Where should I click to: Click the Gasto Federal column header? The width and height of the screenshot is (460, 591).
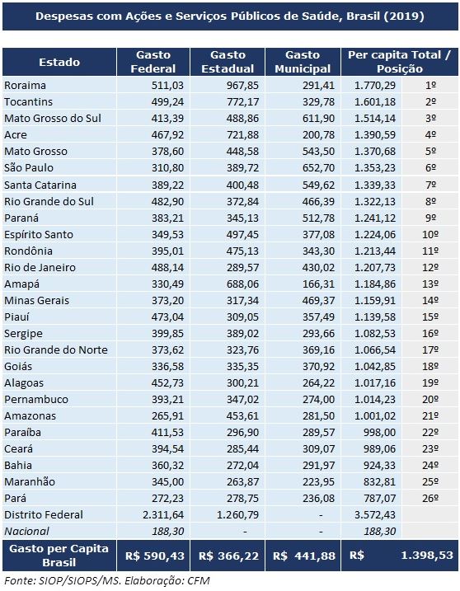coord(153,62)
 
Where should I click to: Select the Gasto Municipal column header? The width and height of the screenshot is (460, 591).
coord(303,62)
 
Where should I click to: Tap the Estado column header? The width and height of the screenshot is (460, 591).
coord(59,62)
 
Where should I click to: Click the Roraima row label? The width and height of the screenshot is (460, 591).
coord(25,86)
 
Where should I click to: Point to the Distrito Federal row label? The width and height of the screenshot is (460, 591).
coord(44,515)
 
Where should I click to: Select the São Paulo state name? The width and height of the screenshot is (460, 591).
coord(29,167)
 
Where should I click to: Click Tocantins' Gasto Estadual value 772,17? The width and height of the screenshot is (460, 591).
coord(242,102)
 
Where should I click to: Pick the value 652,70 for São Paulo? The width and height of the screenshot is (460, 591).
coord(318,168)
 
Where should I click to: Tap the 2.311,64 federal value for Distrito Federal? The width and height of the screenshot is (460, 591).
coord(162,515)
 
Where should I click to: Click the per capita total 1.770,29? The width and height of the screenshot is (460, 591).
coord(375,86)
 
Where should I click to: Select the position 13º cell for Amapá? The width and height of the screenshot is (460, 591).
coord(430,284)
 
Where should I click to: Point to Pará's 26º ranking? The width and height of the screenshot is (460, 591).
coord(430,499)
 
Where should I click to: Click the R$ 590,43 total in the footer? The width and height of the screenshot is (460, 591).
coord(155,556)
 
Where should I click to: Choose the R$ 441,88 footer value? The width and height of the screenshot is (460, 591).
coord(304,556)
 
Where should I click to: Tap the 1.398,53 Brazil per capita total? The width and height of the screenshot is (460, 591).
coord(427,556)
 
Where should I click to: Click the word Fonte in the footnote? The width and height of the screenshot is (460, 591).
coord(18,581)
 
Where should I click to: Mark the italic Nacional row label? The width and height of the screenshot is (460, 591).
coord(26,532)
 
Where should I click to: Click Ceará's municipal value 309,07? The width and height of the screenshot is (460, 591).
coord(318,449)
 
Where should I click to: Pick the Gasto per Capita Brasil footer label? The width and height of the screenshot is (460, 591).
coord(59,556)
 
